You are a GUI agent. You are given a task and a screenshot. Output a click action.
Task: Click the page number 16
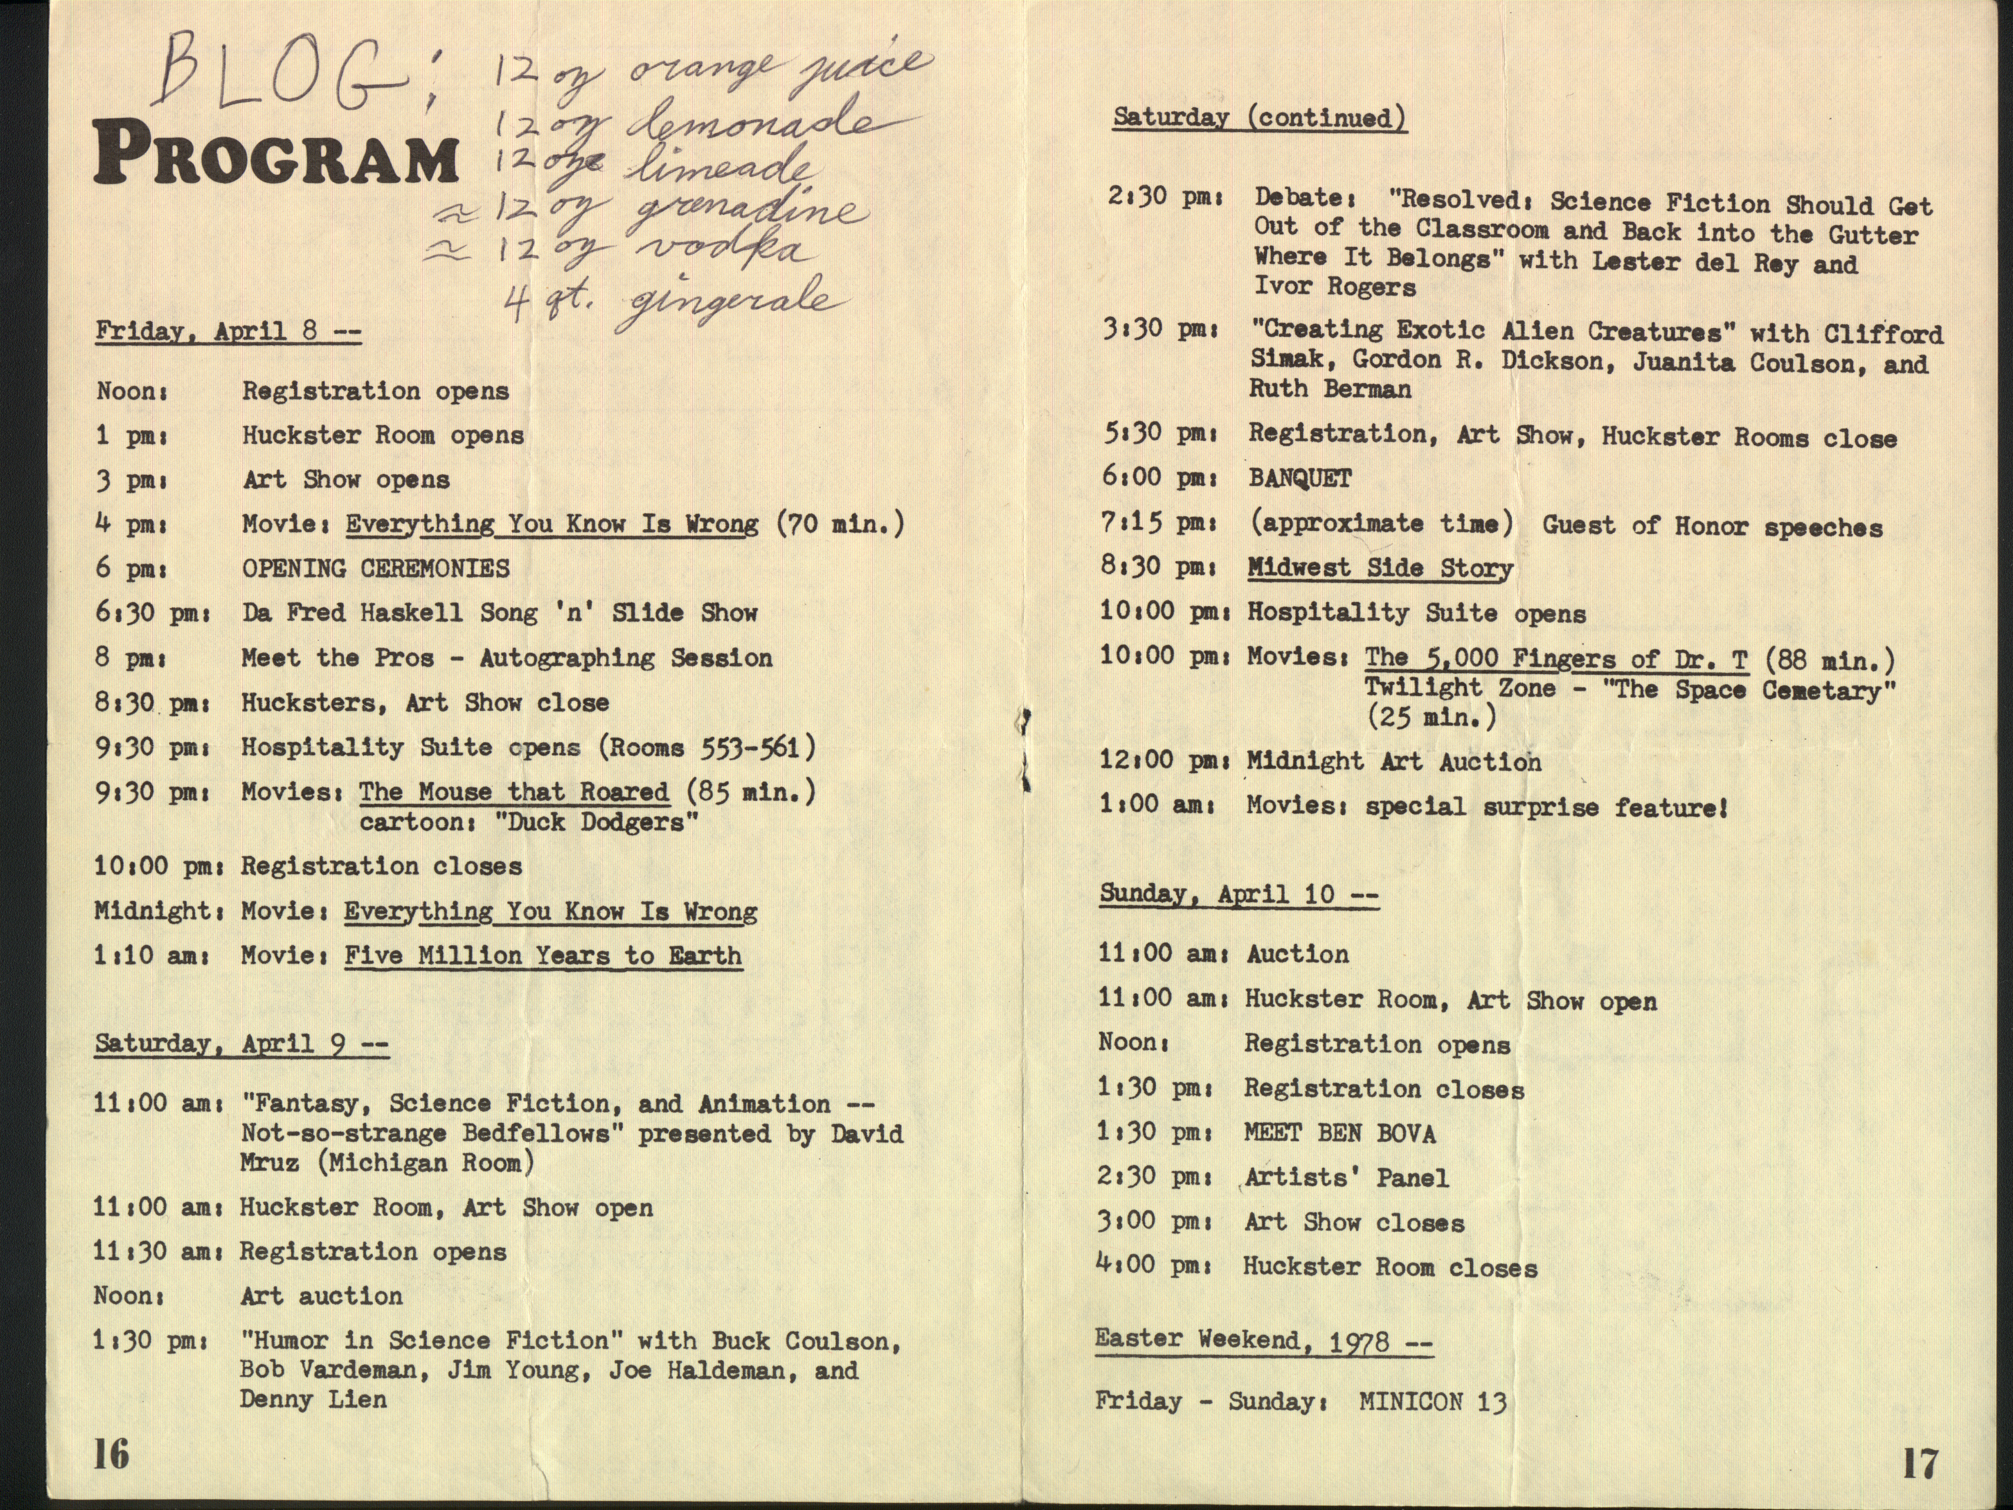coord(111,1454)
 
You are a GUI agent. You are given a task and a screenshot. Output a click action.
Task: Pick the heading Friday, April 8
coord(227,331)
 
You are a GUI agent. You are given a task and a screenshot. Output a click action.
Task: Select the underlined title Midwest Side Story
coord(1380,568)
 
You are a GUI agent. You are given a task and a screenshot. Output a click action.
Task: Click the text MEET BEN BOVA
coord(1339,1134)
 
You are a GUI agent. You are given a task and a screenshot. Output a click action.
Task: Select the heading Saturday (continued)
coord(1260,117)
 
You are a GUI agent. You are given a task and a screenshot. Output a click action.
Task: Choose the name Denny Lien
coord(313,1399)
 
